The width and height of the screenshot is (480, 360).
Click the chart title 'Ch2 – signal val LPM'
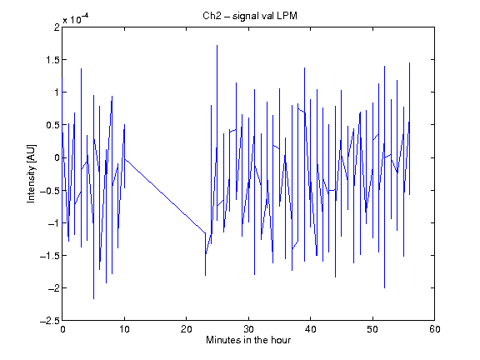click(x=250, y=16)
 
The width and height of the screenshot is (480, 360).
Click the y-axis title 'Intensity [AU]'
click(x=31, y=173)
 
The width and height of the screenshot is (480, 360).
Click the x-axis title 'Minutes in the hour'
click(x=248, y=340)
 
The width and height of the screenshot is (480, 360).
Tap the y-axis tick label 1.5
click(x=52, y=60)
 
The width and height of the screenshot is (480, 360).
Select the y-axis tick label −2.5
click(x=50, y=321)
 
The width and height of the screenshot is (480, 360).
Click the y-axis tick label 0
click(x=57, y=157)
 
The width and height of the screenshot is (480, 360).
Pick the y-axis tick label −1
click(x=53, y=223)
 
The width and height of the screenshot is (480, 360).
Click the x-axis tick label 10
click(x=125, y=329)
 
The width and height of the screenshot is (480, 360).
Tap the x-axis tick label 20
click(x=187, y=329)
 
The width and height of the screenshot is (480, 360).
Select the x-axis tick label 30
click(x=248, y=329)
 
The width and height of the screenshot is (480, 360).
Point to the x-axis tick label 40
click(x=310, y=329)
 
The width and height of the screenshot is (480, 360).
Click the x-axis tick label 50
click(x=372, y=329)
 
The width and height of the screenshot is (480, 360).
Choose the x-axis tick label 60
click(x=435, y=329)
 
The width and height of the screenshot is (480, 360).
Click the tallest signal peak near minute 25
click(x=217, y=46)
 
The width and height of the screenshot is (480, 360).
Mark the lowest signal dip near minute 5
click(x=93, y=298)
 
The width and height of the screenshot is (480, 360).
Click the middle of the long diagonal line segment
click(x=165, y=196)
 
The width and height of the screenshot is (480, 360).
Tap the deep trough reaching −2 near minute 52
click(x=384, y=287)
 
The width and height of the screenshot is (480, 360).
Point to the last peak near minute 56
click(x=410, y=63)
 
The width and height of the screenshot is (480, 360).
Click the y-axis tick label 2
click(x=57, y=27)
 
